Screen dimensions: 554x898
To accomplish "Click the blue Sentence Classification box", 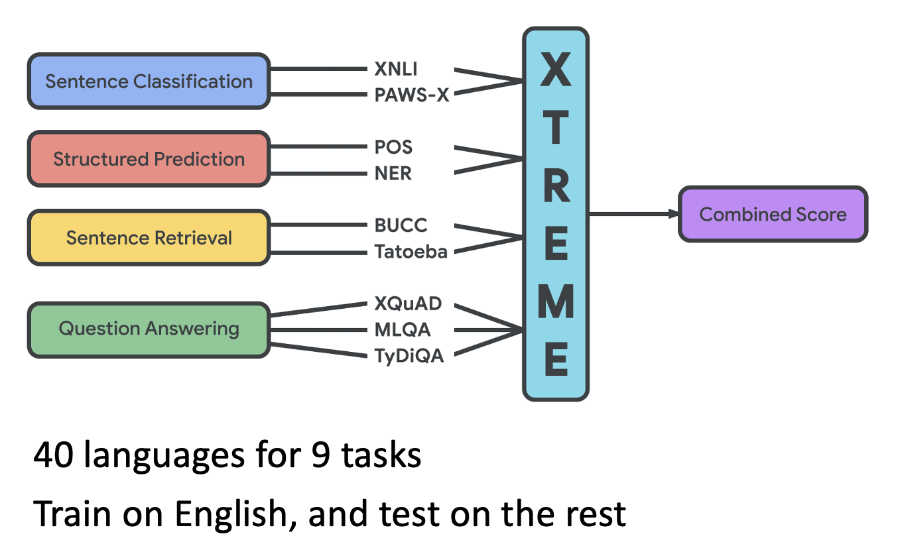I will pos(149,82).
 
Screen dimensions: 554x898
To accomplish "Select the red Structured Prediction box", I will pos(149,159).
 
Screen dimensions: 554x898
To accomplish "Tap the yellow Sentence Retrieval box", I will pos(149,237).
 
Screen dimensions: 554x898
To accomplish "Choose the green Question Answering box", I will pos(149,329).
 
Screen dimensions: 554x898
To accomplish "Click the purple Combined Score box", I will pos(773,214).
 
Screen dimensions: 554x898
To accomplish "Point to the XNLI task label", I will pos(396,68).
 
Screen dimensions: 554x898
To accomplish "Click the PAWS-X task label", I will pos(411,95).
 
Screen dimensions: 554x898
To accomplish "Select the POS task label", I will pos(393,146).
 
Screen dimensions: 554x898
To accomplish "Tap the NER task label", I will pos(393,174).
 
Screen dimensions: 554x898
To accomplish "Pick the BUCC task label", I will pos(401,225).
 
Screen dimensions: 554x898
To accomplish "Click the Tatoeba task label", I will pos(411,252).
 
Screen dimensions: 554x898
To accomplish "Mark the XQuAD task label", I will pos(408,304).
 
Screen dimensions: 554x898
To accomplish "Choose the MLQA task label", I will pos(403,330).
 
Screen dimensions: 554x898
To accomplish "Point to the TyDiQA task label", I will pos(409,357).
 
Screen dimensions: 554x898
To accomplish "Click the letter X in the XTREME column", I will pos(556,70).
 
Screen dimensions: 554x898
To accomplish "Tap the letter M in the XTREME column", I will pos(556,302).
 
